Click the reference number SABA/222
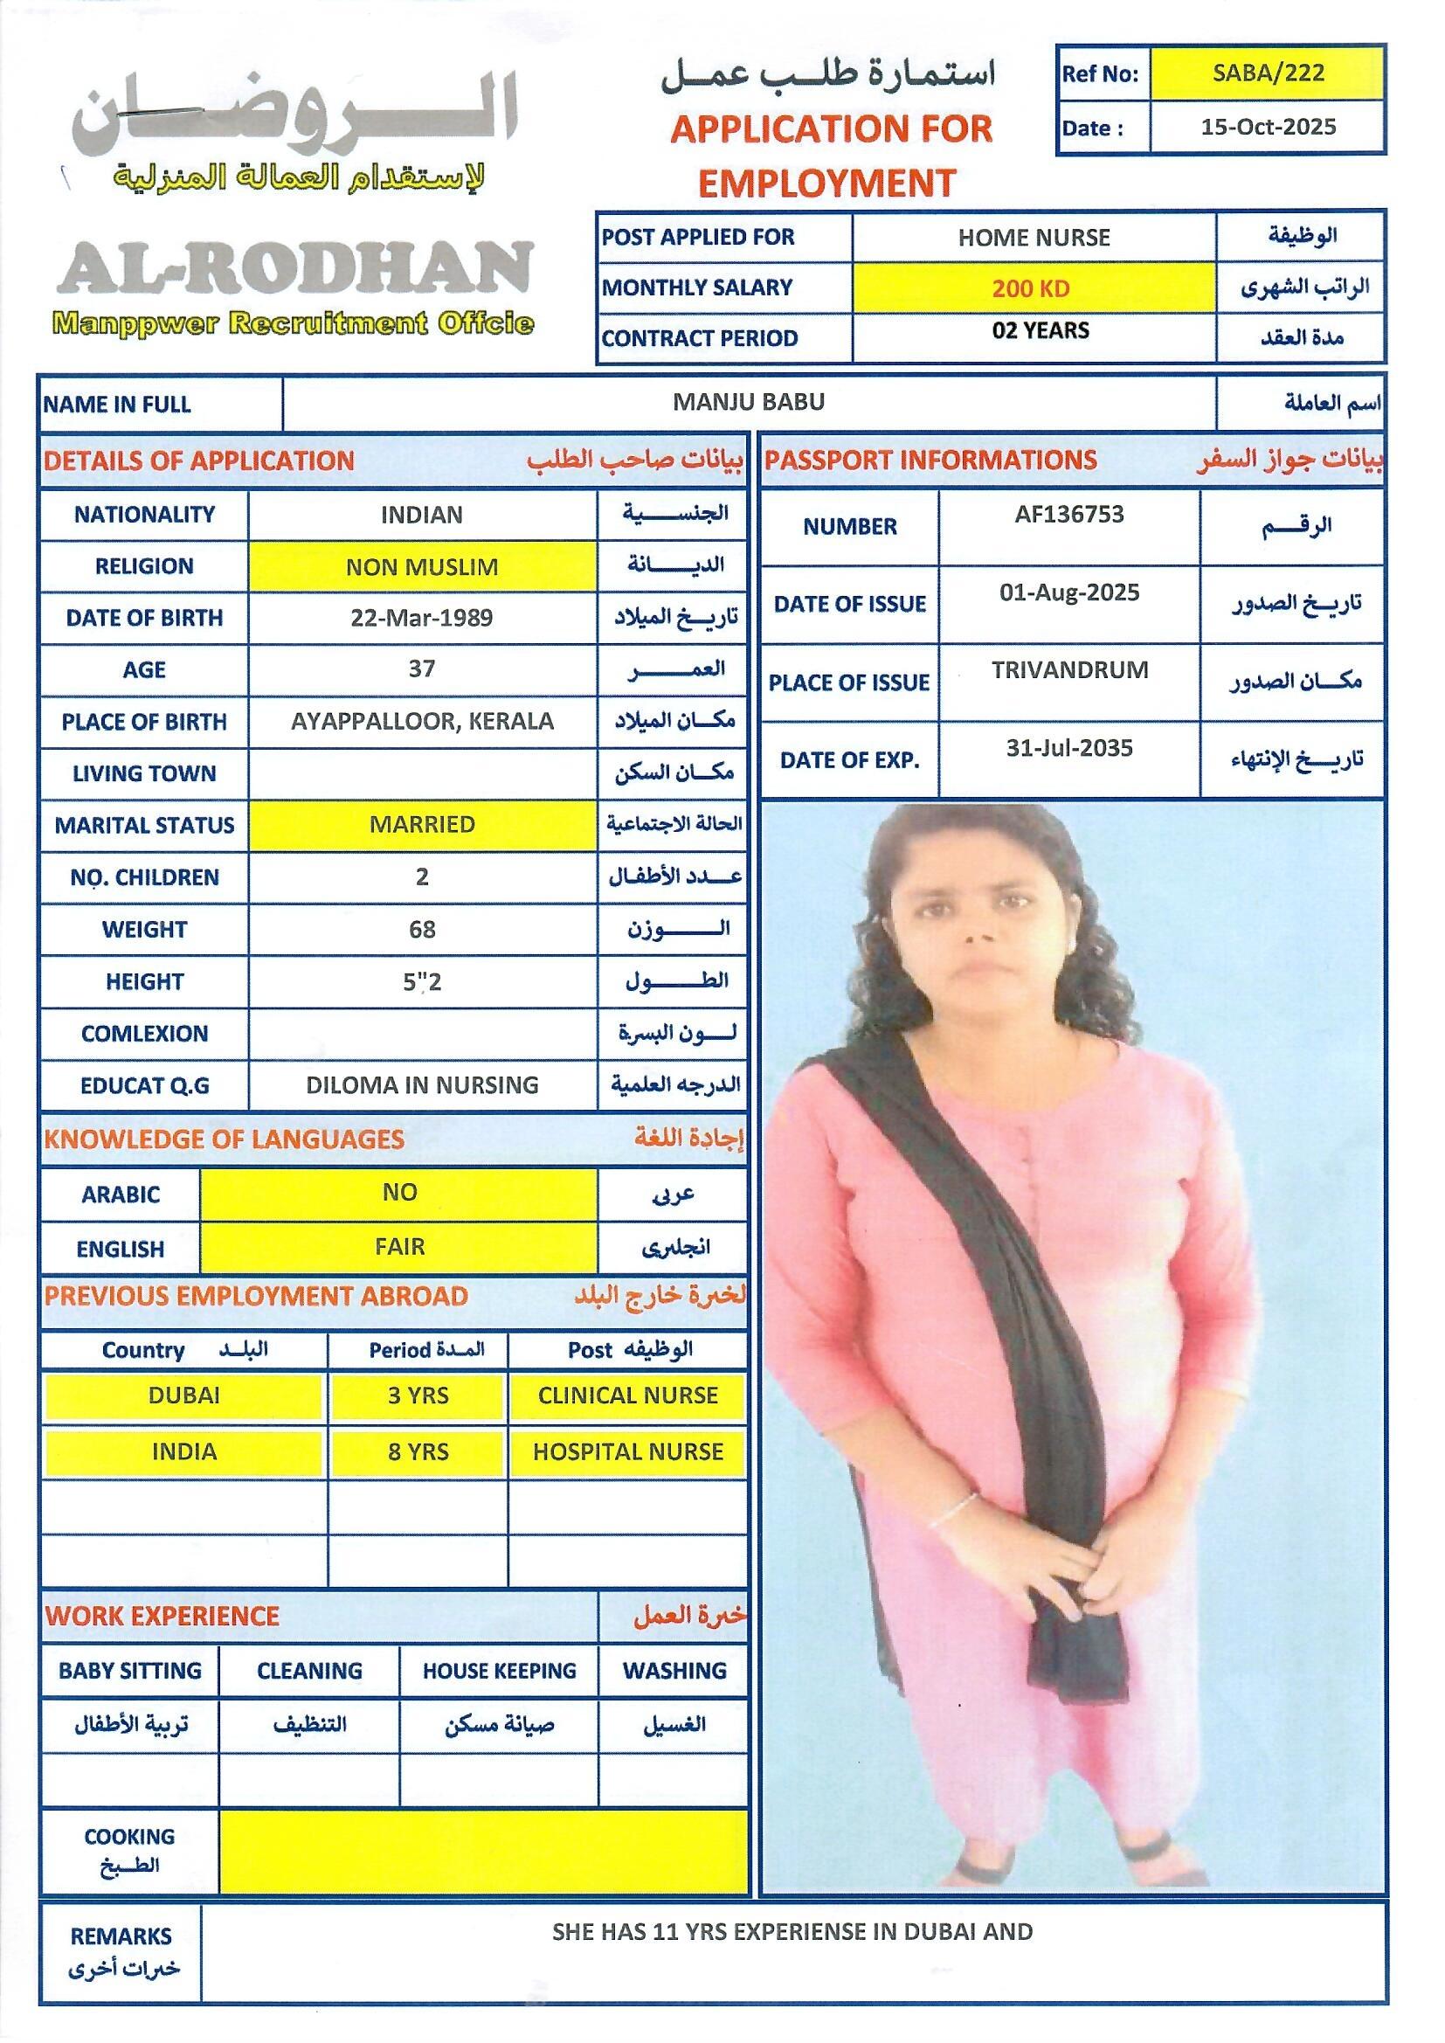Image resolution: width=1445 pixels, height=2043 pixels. pyautogui.click(x=1268, y=73)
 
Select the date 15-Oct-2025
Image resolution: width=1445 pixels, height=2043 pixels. pyautogui.click(x=1268, y=128)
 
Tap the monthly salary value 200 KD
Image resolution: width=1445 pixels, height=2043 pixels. pyautogui.click(x=1032, y=288)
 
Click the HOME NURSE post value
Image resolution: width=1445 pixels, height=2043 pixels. pyautogui.click(x=1034, y=238)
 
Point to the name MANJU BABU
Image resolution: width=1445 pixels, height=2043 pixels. pyautogui.click(x=749, y=402)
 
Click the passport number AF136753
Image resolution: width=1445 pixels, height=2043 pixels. pyautogui.click(x=1068, y=515)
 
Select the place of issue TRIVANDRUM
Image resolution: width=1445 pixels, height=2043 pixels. pyautogui.click(x=1069, y=670)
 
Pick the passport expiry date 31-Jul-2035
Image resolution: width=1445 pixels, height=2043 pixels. pyautogui.click(x=1069, y=748)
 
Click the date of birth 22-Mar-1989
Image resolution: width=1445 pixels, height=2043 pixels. pyautogui.click(x=422, y=619)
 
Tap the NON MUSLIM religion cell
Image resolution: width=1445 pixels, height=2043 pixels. pyautogui.click(x=422, y=567)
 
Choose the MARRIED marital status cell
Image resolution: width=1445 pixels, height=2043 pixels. pyautogui.click(x=422, y=825)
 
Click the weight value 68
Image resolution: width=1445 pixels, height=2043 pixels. pyautogui.click(x=422, y=930)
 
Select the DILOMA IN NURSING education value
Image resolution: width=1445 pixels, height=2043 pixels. pyautogui.click(x=422, y=1085)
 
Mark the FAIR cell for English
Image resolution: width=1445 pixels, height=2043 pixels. pyautogui.click(x=399, y=1247)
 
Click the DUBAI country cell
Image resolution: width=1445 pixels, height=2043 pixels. pyautogui.click(x=183, y=1395)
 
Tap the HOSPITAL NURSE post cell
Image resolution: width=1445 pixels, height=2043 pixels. pyautogui.click(x=628, y=1452)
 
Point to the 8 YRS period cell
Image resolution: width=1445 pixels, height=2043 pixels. pyautogui.click(x=418, y=1452)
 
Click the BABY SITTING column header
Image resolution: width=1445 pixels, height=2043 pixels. pyautogui.click(x=130, y=1671)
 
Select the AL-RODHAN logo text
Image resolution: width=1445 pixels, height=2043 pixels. pyautogui.click(x=295, y=269)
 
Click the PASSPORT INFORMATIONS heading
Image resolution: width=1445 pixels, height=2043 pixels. pyautogui.click(x=930, y=460)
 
